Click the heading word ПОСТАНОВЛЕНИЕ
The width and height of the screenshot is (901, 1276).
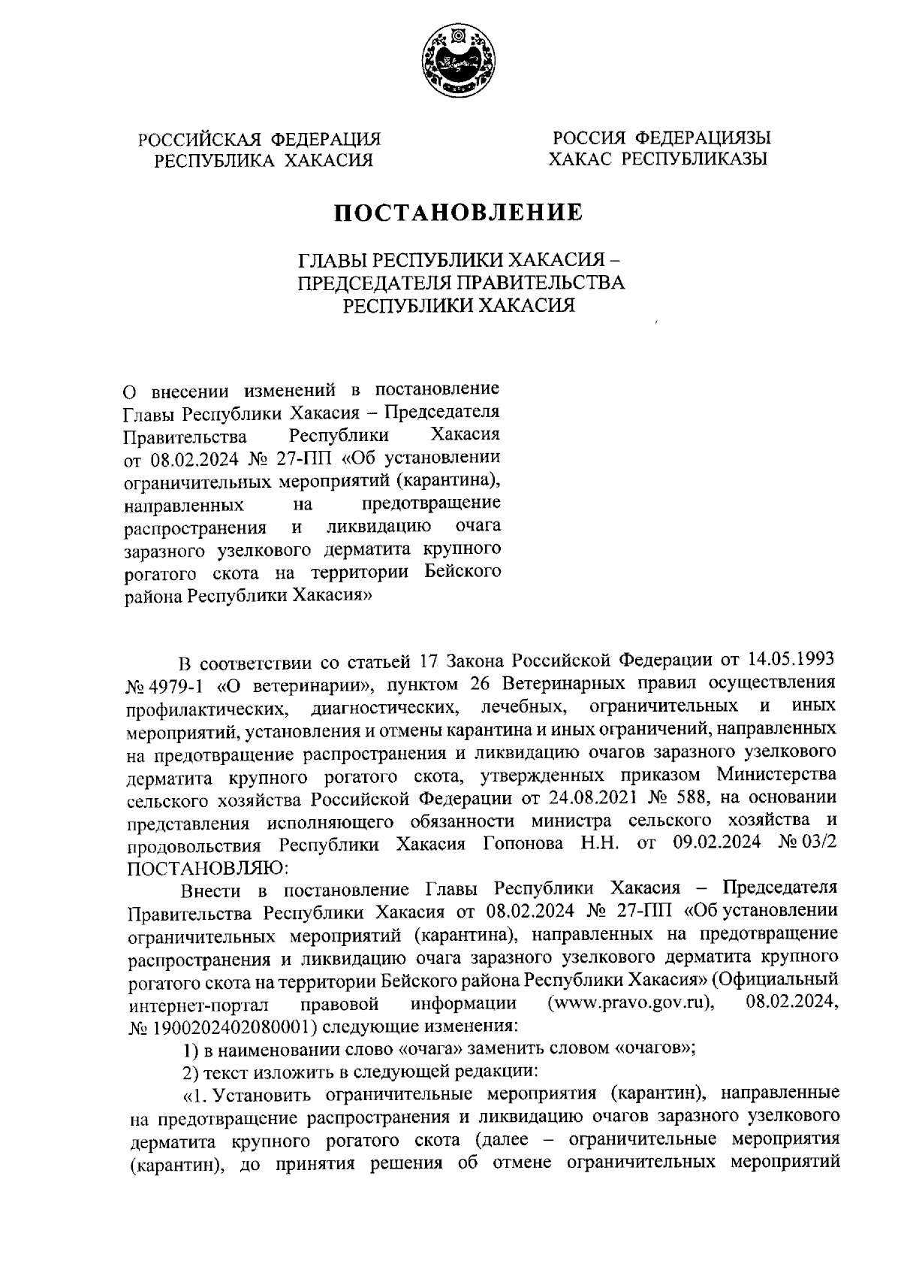(458, 213)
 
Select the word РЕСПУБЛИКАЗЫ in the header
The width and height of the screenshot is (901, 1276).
(697, 159)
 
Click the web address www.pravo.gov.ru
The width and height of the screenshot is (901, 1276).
(631, 1003)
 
